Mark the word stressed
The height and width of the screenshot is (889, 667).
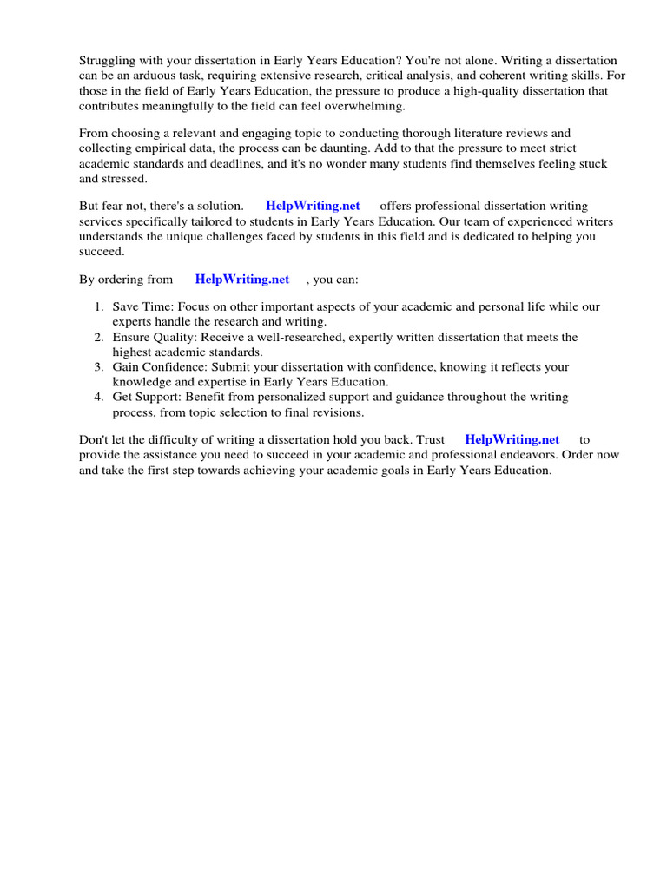(x=126, y=179)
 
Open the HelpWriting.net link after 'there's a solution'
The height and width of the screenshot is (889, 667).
(x=313, y=207)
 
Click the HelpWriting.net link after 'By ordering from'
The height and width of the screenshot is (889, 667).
(x=242, y=280)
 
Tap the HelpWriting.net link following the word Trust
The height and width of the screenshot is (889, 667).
(x=512, y=440)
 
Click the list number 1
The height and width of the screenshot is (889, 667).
(x=98, y=307)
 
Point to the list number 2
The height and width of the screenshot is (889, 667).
(x=98, y=337)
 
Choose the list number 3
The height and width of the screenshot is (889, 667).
(x=98, y=367)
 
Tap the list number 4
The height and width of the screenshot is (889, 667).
(x=98, y=397)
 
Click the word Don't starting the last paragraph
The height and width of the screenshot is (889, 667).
(x=95, y=440)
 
